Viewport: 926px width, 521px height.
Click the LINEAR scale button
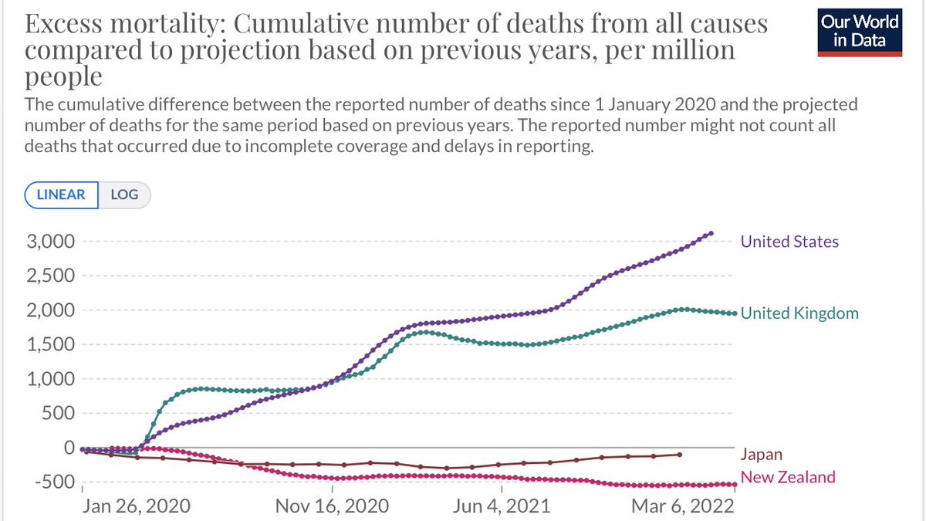pyautogui.click(x=62, y=195)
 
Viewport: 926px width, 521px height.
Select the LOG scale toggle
pyautogui.click(x=123, y=195)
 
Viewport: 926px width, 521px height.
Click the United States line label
pyautogui.click(x=789, y=242)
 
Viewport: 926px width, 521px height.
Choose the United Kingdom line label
pyautogui.click(x=799, y=313)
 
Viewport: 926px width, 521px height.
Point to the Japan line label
pyautogui.click(x=761, y=455)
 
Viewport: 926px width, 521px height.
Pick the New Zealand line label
pyautogui.click(x=788, y=477)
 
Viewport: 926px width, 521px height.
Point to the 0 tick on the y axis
pyautogui.click(x=67, y=448)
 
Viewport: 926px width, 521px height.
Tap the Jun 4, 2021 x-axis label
pyautogui.click(x=502, y=506)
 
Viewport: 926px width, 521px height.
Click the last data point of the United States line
pyautogui.click(x=711, y=233)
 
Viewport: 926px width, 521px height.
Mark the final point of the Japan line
pyautogui.click(x=679, y=455)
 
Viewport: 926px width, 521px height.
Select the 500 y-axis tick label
pyautogui.click(x=58, y=413)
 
